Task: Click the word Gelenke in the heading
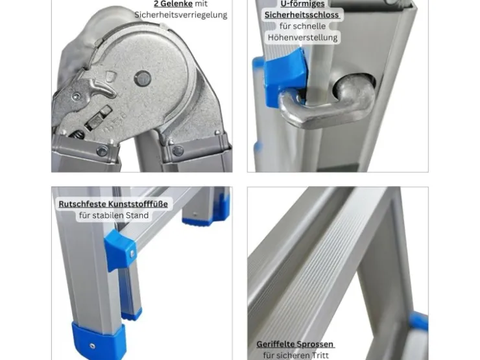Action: coord(177,4)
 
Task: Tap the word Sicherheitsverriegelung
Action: coord(181,15)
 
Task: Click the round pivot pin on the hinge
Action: coord(143,78)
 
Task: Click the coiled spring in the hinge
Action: coord(77,135)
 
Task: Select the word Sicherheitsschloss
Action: coord(302,15)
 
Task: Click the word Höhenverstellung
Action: coord(302,38)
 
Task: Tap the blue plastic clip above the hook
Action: coord(284,76)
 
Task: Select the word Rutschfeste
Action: coord(82,204)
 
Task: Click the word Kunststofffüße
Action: coord(138,204)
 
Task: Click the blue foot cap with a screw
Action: coord(99,340)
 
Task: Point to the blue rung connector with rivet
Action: coord(120,250)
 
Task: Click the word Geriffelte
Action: coord(275,344)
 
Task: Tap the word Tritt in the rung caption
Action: coord(320,355)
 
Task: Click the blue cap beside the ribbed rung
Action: coord(418,322)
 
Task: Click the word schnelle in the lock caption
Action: coord(309,27)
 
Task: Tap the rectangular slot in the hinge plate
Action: coord(99,117)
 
